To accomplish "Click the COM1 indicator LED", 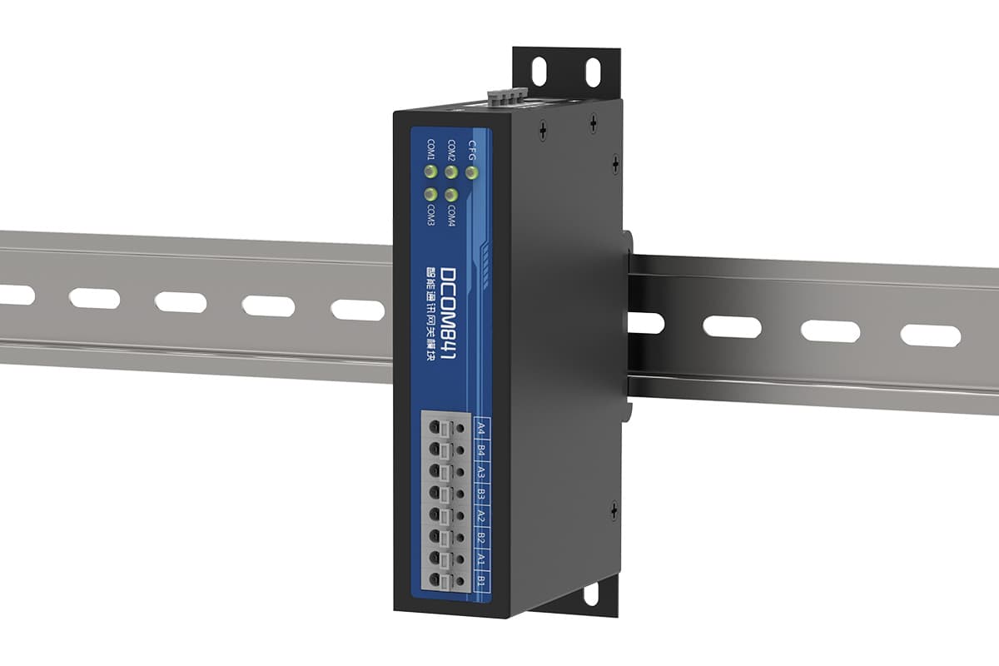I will click(x=431, y=172).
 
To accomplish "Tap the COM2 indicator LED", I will click(x=451, y=172).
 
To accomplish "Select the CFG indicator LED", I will click(x=471, y=172).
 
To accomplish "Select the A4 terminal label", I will click(x=481, y=430).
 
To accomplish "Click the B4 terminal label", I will click(x=481, y=452).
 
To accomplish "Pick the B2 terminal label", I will click(x=481, y=538).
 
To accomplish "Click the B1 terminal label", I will click(x=481, y=580).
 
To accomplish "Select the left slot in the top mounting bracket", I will click(x=539, y=72).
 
